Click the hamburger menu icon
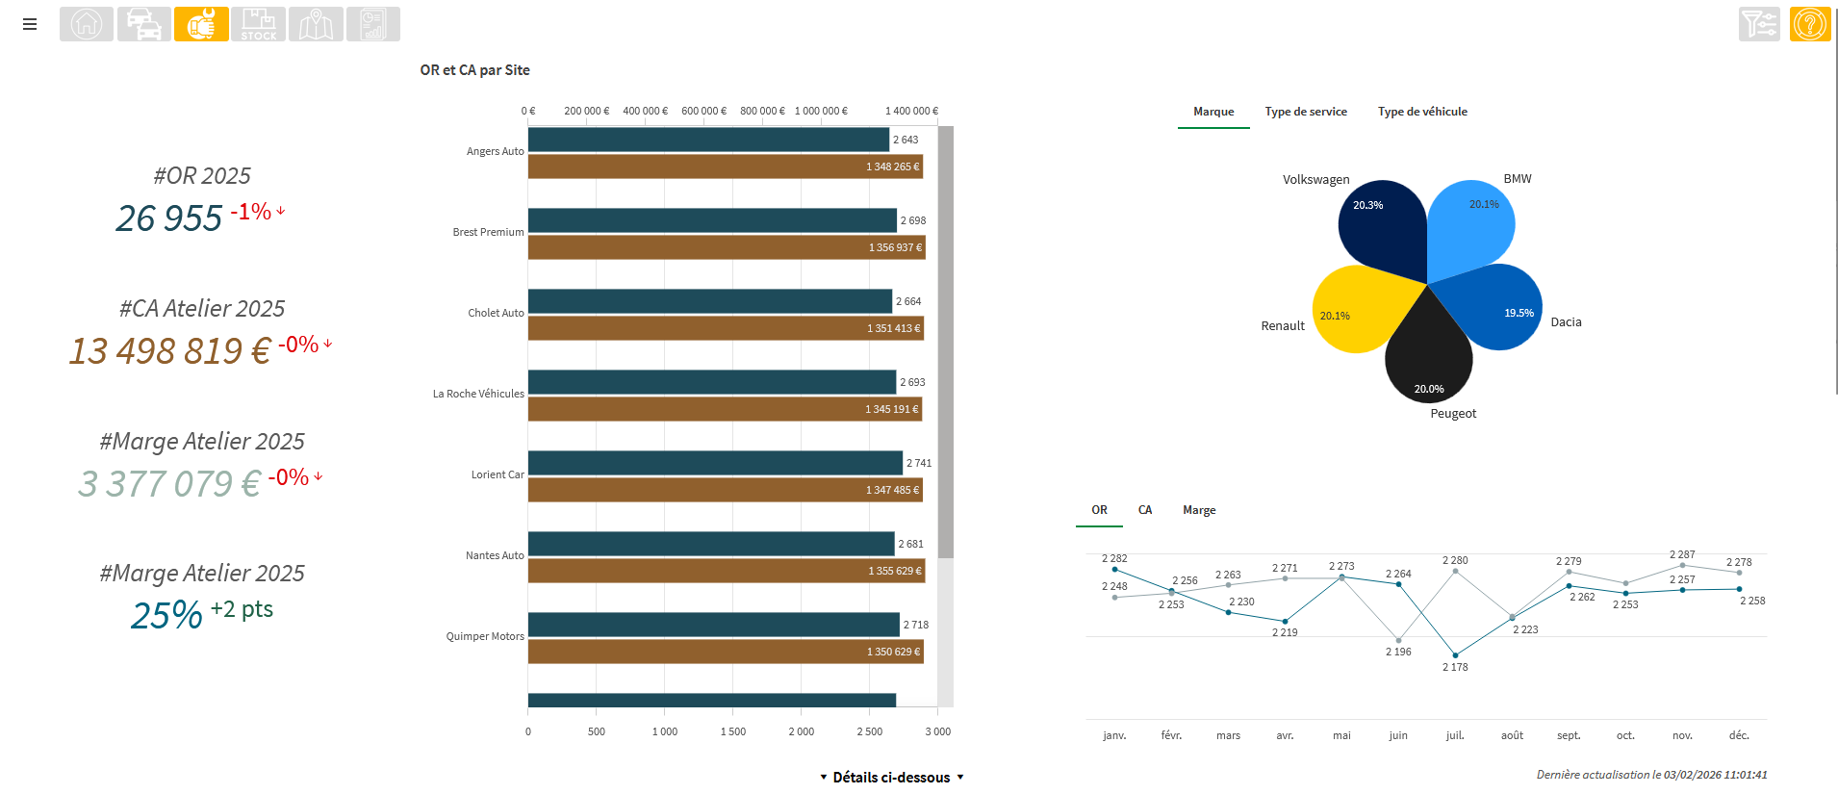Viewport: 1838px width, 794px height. click(30, 24)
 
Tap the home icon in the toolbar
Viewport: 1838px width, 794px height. click(87, 24)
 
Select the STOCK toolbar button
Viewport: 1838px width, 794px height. click(258, 24)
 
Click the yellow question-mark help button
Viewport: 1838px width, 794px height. click(1809, 24)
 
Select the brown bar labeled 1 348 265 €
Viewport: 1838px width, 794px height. click(725, 166)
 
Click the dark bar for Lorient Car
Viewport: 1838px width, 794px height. click(715, 463)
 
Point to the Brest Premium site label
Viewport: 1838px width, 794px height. click(488, 232)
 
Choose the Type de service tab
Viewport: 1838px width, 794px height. click(1305, 112)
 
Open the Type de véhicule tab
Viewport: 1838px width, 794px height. click(1421, 112)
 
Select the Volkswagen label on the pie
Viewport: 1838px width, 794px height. click(1315, 180)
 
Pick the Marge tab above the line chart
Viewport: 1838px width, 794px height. click(1199, 510)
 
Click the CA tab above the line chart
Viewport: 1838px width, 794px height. click(1145, 510)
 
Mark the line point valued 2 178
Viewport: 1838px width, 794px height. click(1455, 655)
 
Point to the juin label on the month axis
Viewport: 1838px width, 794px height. click(1398, 735)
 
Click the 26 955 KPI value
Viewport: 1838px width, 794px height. click(169, 218)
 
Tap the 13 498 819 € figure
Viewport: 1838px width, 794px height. click(169, 351)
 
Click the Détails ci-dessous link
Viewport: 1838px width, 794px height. click(891, 778)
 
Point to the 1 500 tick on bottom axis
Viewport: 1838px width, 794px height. click(732, 731)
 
